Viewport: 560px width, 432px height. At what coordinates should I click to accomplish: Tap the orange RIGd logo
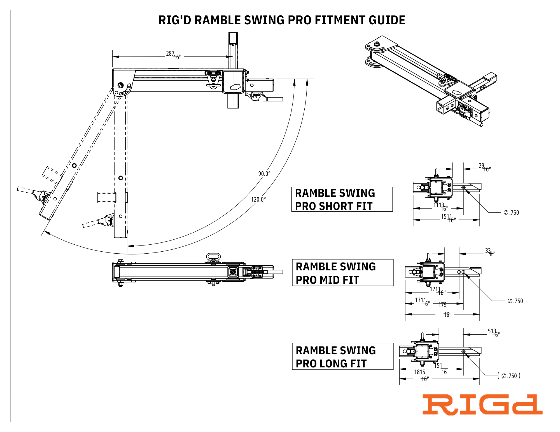[482, 405]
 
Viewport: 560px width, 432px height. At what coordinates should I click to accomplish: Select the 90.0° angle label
[264, 174]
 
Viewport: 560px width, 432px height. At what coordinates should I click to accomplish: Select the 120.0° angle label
[258, 199]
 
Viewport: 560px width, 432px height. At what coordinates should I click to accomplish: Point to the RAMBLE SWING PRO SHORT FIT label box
[342, 199]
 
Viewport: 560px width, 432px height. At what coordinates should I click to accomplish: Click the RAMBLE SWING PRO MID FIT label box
[342, 273]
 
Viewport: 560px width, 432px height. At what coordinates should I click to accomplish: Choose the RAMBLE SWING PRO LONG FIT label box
[342, 357]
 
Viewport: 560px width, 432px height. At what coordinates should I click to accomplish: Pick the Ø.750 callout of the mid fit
[515, 301]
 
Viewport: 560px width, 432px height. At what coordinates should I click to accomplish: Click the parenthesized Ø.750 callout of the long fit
[509, 376]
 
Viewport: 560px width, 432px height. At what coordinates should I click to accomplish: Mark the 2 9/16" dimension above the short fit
[485, 167]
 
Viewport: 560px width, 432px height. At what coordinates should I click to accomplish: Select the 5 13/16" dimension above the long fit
[494, 333]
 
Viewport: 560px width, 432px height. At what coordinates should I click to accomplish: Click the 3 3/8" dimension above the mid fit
[490, 252]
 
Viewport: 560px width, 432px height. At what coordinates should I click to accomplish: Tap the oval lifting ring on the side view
[213, 256]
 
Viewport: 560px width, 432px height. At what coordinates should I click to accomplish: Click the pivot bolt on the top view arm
[121, 85]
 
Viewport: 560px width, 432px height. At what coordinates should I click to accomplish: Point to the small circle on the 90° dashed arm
[121, 178]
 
